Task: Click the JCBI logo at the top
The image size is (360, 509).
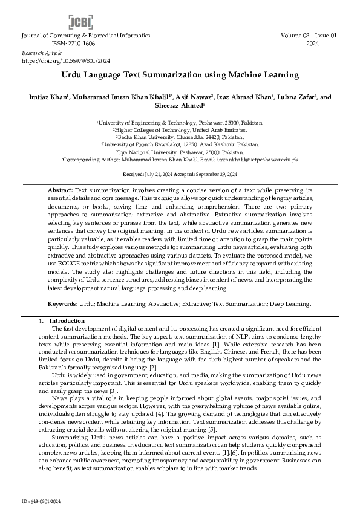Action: point(80,22)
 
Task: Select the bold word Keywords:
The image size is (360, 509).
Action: point(62,304)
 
